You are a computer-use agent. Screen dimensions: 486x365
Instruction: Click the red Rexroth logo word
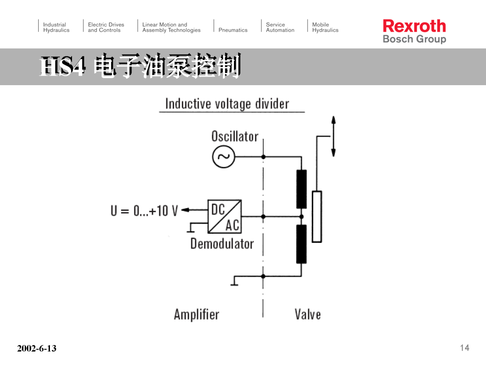tap(414, 26)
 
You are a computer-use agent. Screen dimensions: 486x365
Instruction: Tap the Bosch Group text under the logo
tap(414, 39)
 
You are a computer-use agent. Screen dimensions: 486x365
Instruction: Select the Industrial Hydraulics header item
tap(56, 27)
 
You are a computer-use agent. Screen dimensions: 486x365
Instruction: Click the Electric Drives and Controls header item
tap(106, 27)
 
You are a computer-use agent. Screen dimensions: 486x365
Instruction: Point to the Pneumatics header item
tap(233, 30)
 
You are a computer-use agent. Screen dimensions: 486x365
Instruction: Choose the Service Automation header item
tap(280, 27)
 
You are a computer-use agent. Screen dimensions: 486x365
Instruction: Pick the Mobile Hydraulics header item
tap(325, 27)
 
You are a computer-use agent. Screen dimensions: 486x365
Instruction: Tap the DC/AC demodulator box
tap(225, 216)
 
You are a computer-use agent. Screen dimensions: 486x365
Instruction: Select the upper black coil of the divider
tap(301, 189)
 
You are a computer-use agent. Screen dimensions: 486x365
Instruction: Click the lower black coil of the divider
tap(301, 244)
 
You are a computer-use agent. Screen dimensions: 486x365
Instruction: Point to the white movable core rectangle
tap(317, 216)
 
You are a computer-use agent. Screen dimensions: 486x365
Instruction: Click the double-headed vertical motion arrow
tap(333, 136)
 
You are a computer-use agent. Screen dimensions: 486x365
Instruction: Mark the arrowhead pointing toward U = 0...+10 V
tap(185, 210)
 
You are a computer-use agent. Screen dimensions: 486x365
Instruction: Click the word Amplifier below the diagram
tap(197, 314)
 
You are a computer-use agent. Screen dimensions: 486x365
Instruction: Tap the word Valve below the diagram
tap(307, 314)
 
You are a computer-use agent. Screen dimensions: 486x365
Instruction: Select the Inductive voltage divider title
tap(227, 104)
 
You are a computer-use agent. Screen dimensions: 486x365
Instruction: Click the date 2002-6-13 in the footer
tap(37, 348)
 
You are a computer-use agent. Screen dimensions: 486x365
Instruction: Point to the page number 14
tap(464, 347)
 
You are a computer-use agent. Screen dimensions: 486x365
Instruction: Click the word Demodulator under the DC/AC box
tap(222, 243)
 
